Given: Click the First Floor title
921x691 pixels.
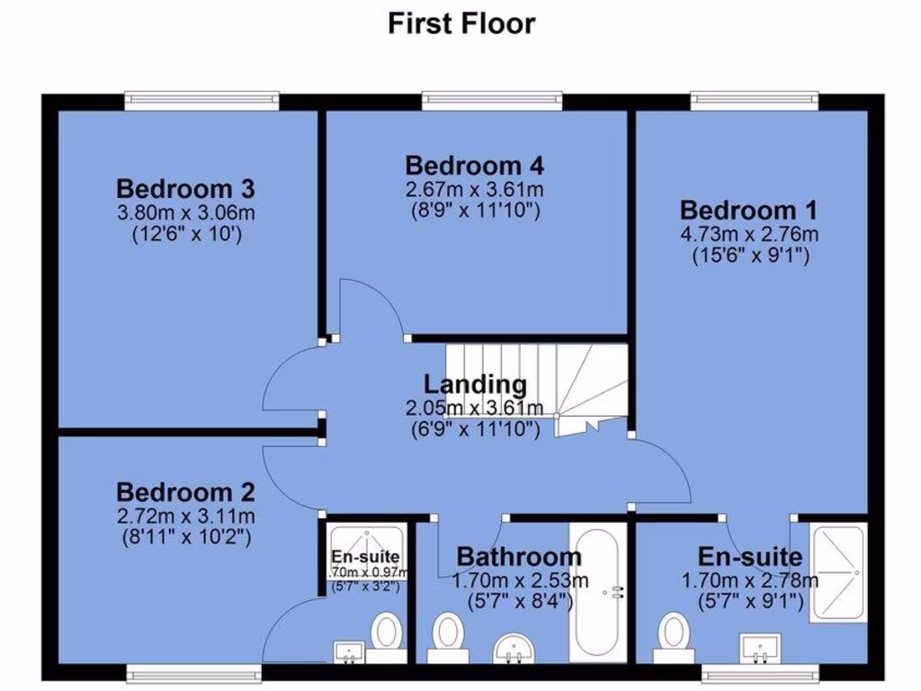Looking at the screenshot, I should click(460, 23).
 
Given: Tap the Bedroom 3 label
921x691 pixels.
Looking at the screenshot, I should click(185, 190).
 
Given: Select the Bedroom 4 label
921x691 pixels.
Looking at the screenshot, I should click(474, 166).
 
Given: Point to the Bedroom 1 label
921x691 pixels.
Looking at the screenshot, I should click(748, 211).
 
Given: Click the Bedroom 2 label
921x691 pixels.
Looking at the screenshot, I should click(185, 493).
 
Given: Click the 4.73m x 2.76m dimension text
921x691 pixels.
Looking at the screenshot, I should click(748, 234).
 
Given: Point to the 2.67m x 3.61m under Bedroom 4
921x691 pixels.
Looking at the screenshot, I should click(474, 190).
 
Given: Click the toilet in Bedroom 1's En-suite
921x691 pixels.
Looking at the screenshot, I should click(672, 633).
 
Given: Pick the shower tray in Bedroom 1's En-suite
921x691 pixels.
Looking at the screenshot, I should click(838, 572).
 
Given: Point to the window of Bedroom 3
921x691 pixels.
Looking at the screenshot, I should click(201, 99).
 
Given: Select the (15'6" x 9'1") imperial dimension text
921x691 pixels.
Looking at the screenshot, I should click(748, 256).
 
